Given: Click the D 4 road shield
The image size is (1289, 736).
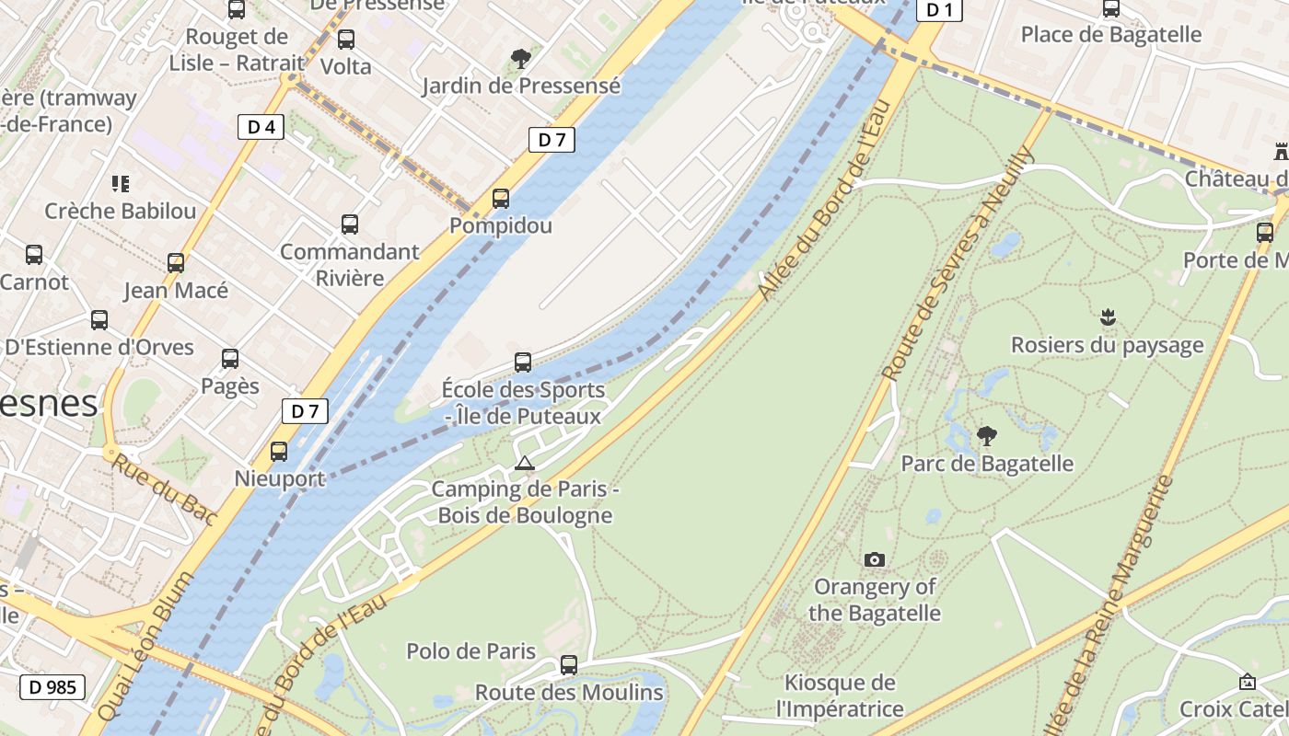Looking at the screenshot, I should [x=261, y=127].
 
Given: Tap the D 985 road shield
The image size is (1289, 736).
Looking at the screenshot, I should [x=52, y=686].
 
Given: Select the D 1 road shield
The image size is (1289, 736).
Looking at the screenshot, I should [x=939, y=10].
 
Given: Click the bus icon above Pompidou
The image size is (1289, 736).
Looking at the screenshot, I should [x=501, y=198].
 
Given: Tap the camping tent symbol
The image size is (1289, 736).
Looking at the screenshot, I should [x=525, y=463].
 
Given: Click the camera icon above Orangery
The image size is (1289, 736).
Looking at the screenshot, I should [x=875, y=559].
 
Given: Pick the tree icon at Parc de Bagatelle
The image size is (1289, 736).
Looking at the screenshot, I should [x=986, y=435].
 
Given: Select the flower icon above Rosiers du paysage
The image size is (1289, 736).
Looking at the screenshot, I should [x=1108, y=318].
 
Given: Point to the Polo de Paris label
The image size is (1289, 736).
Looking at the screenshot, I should [x=470, y=651].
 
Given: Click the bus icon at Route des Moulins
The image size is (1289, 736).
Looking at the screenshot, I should [x=569, y=664].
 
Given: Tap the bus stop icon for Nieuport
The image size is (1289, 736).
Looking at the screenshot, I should [x=279, y=452].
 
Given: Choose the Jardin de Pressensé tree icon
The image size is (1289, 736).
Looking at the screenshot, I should [x=521, y=59].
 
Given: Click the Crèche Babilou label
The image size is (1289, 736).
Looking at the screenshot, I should [x=121, y=211].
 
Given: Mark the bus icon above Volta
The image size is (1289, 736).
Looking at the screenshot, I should [x=346, y=40].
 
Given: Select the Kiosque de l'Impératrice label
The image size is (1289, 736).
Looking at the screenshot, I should [x=839, y=696].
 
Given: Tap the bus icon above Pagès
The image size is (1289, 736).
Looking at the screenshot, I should [x=230, y=359].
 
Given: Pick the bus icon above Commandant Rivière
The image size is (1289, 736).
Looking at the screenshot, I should [x=350, y=224].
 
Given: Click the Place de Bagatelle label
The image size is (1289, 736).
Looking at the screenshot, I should [x=1111, y=35].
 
